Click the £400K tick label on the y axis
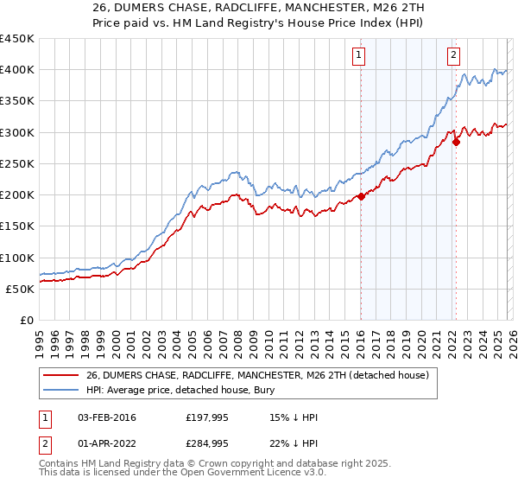point(17,70)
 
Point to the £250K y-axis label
point(17,163)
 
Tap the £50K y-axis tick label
point(21,289)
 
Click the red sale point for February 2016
point(361,196)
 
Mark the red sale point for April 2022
point(455,143)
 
